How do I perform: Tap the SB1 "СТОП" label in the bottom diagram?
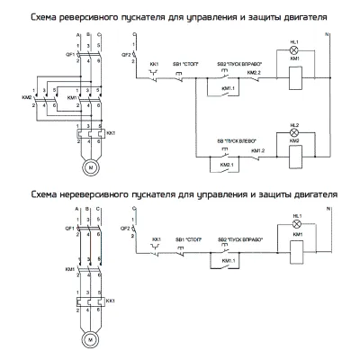pyautogui.click(x=189, y=239)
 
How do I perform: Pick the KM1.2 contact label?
pyautogui.click(x=257, y=150)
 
